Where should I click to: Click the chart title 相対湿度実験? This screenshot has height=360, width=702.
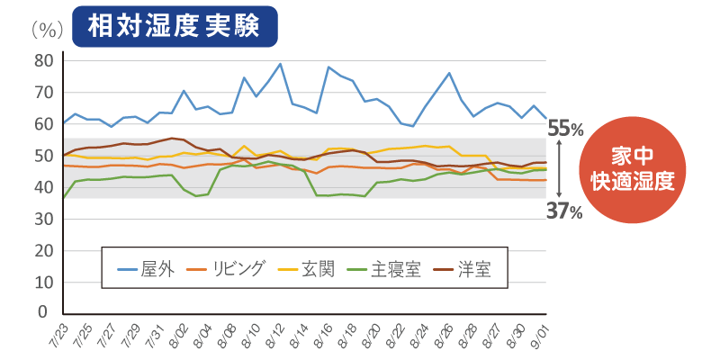coord(174,27)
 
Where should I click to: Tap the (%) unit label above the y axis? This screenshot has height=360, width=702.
coord(46,29)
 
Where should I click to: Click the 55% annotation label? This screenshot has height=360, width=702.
coord(565,129)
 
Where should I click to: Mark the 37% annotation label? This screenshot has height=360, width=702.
coord(565,211)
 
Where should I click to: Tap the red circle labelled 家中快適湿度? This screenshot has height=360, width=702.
coord(632,167)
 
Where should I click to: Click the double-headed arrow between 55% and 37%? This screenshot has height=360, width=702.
coord(560,170)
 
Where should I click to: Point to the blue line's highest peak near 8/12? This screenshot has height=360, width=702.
coord(281,64)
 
